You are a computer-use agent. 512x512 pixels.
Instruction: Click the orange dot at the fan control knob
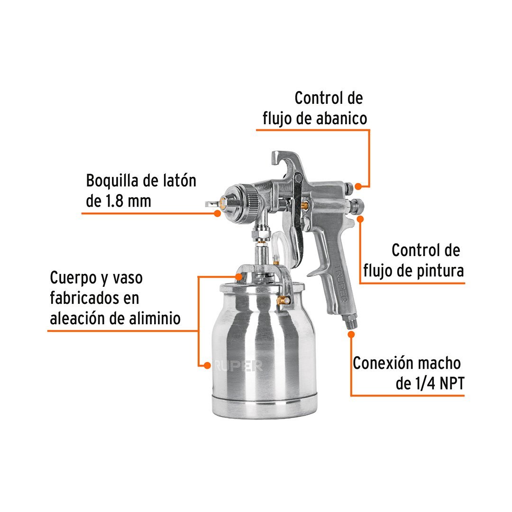click(358, 186)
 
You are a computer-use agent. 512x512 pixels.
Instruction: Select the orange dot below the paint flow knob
click(360, 219)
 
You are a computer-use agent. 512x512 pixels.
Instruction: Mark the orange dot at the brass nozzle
click(218, 213)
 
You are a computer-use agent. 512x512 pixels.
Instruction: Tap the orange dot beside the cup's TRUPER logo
click(207, 365)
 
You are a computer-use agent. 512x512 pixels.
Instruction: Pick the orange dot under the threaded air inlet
click(351, 334)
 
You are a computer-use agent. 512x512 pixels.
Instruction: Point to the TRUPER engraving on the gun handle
click(341, 283)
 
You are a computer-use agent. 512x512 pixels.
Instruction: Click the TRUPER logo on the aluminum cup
click(238, 366)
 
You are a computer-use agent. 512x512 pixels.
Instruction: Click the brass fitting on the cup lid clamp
click(283, 300)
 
